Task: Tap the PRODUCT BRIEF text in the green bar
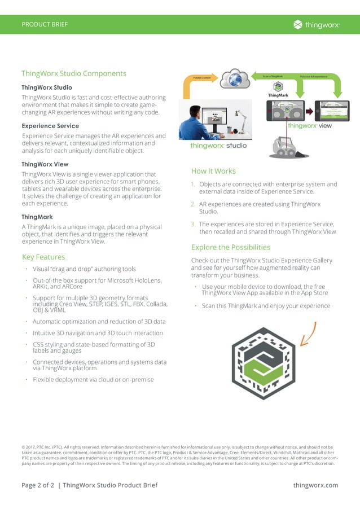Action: [45, 24]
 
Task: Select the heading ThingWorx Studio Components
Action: [73, 73]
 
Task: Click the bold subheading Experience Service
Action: [50, 126]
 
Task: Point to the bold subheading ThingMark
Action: [37, 217]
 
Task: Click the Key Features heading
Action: [43, 257]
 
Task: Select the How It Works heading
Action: [213, 171]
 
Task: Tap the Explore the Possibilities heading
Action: [230, 247]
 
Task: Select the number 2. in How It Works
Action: [193, 204]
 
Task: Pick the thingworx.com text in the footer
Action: [315, 485]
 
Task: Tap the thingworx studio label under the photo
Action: [218, 146]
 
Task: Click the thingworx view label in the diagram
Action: [310, 126]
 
